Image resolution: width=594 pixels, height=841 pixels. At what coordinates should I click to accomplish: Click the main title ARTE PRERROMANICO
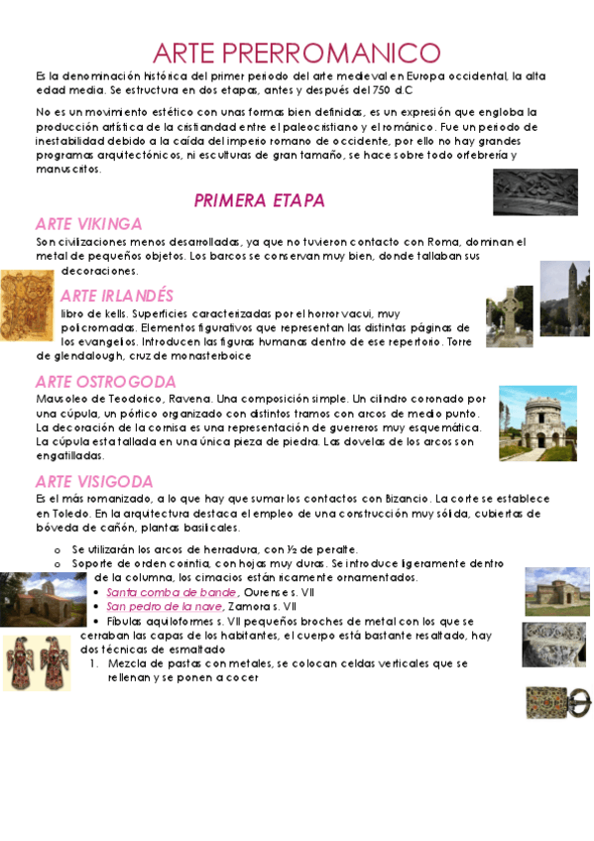pyautogui.click(x=297, y=53)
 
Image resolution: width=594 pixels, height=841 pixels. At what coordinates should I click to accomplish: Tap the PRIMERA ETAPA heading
pyautogui.click(x=259, y=201)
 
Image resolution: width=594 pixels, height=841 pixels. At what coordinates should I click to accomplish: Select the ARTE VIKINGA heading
pyautogui.click(x=88, y=223)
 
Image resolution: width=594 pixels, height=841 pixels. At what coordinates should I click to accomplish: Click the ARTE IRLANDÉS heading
pyautogui.click(x=116, y=296)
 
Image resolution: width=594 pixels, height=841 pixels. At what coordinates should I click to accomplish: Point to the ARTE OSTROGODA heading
pyautogui.click(x=105, y=381)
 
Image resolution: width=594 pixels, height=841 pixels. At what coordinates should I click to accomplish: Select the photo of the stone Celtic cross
pyautogui.click(x=509, y=316)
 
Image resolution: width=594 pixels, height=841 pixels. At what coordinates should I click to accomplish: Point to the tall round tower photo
pyautogui.click(x=564, y=299)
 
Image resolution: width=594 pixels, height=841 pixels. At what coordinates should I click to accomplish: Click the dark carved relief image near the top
pyautogui.click(x=535, y=191)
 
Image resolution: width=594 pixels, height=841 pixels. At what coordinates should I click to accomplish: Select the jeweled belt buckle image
pyautogui.click(x=556, y=702)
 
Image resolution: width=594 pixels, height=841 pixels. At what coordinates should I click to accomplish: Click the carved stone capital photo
pyautogui.click(x=554, y=645)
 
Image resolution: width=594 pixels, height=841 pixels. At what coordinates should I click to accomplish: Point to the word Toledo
pyautogui.click(x=59, y=515)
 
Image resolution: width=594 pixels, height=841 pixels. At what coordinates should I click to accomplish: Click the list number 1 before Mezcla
pyautogui.click(x=92, y=663)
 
